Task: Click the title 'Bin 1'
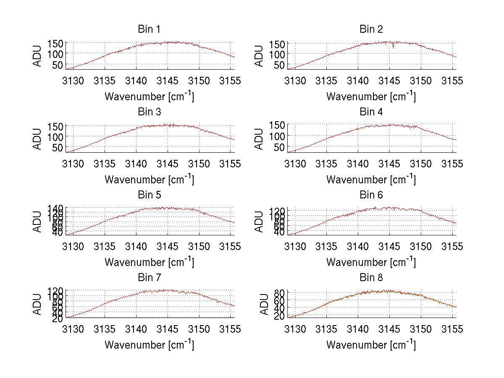point(149,29)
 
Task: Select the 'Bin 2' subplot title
point(371,29)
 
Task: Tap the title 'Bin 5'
point(149,195)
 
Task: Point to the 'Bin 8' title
point(371,278)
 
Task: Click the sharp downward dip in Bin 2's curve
point(393,47)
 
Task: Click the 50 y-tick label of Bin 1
point(58,65)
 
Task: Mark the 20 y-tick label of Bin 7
point(58,318)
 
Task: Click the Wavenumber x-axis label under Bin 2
point(371,96)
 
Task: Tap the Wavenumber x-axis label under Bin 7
point(149,345)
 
